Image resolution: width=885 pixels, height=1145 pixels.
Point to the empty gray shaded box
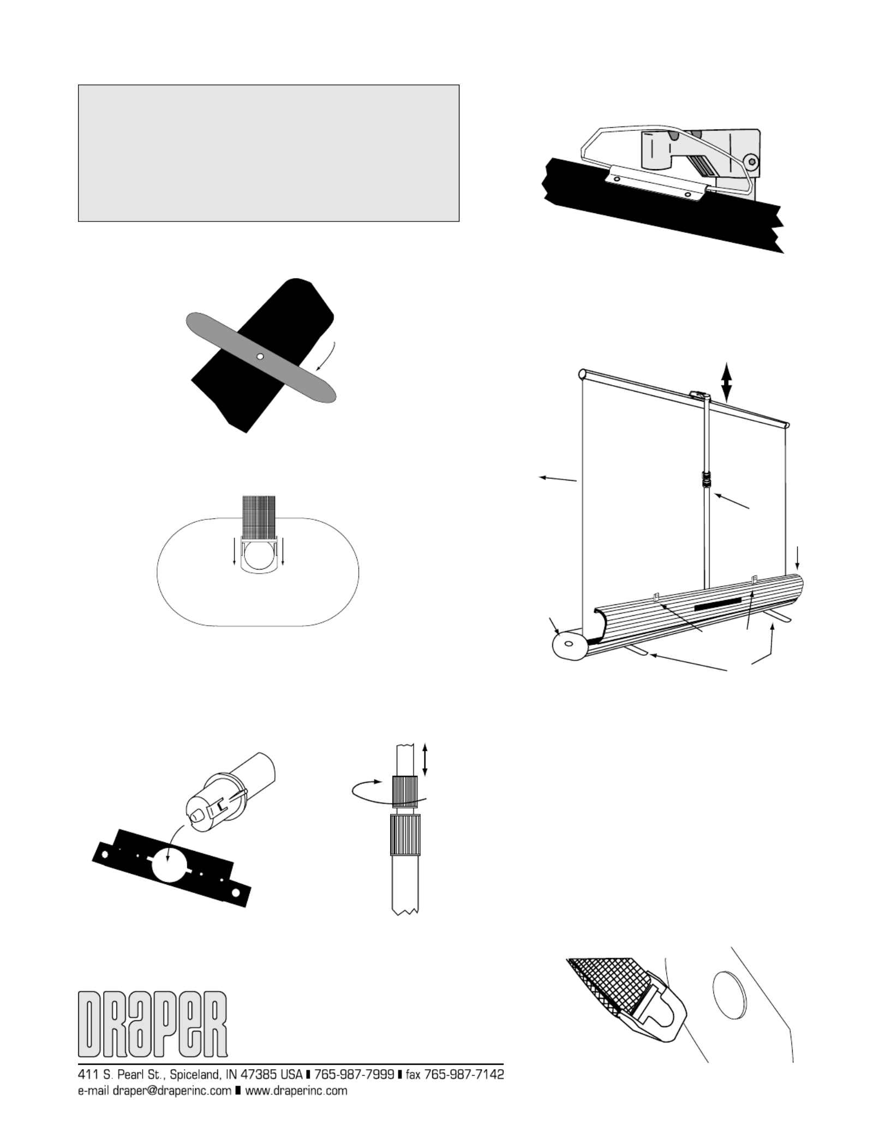[x=268, y=153]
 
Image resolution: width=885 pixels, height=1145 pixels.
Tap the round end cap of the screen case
[x=569, y=645]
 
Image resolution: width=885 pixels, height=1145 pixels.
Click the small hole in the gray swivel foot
[x=260, y=356]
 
